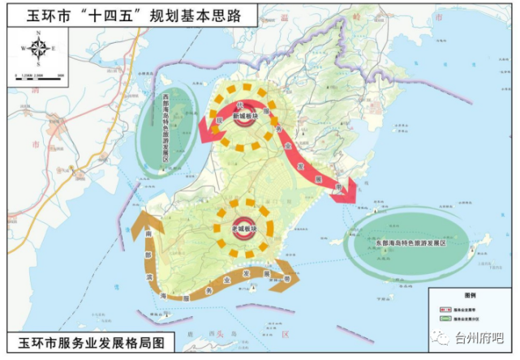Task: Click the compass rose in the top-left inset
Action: (38, 49)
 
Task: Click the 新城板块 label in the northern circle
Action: (244, 117)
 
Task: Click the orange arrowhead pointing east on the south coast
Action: (290, 273)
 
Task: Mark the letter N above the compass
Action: (38, 33)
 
